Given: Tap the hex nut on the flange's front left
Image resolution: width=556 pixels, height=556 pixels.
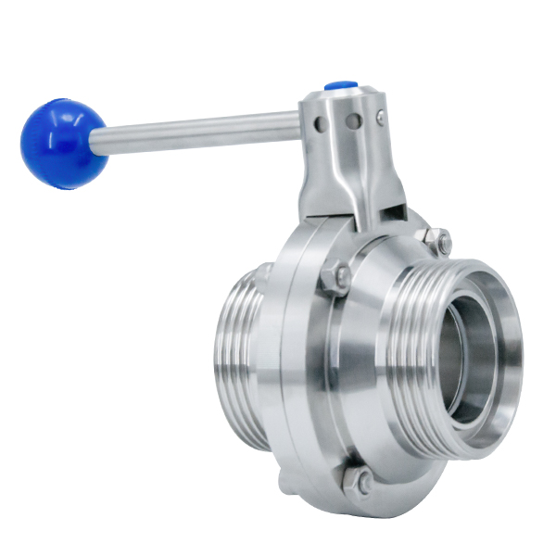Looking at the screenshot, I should tap(335, 279).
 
